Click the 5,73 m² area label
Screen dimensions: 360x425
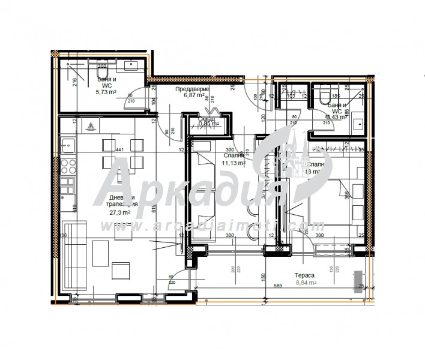point(106,92)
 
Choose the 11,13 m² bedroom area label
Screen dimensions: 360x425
point(234,162)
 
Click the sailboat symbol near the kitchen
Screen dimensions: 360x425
point(89,127)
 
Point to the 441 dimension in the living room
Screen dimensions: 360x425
point(119,149)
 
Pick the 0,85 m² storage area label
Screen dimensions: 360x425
point(206,124)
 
